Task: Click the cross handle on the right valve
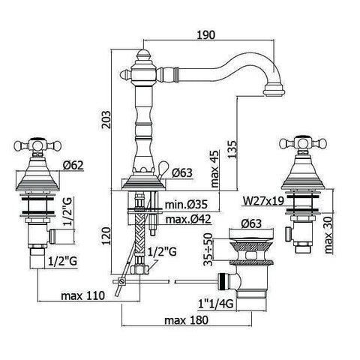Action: click(x=295, y=144)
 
